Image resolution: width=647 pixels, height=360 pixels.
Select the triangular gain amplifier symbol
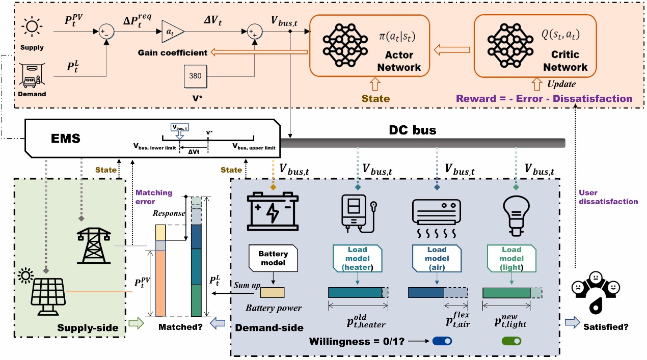coord(172,32)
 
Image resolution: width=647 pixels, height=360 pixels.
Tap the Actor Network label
coord(399,61)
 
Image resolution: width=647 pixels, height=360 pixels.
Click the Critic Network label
coord(565,61)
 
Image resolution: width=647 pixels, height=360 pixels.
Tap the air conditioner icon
coord(436,216)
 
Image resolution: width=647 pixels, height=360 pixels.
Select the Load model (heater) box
coord(354,258)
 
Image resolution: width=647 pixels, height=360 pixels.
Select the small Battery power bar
coord(273,292)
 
